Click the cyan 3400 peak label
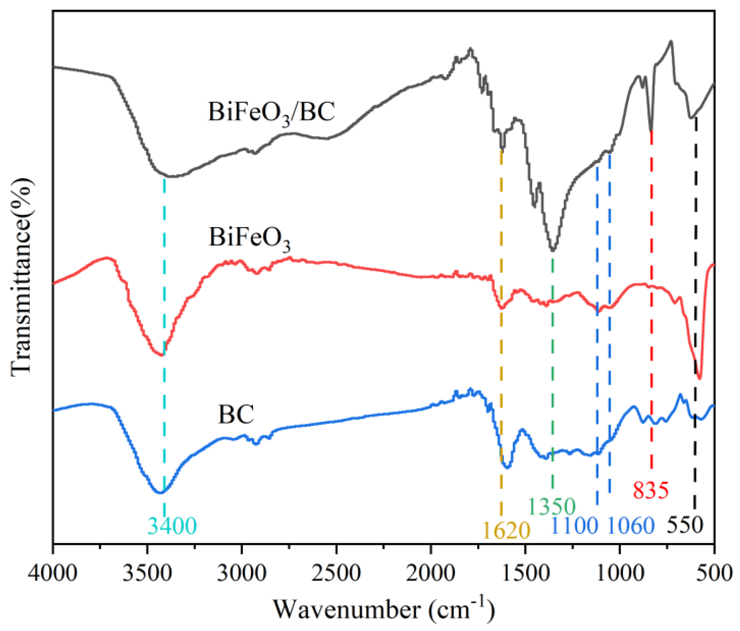coord(172,526)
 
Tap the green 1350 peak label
coord(552,507)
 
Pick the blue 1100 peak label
coord(574,526)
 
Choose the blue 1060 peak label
coord(631,526)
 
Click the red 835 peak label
coord(651,490)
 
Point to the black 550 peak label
coord(685,525)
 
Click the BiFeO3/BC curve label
coord(271,112)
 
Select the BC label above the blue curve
coord(236,414)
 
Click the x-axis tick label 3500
coord(147,573)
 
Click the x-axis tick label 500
coord(714,573)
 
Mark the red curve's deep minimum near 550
coord(700,378)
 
